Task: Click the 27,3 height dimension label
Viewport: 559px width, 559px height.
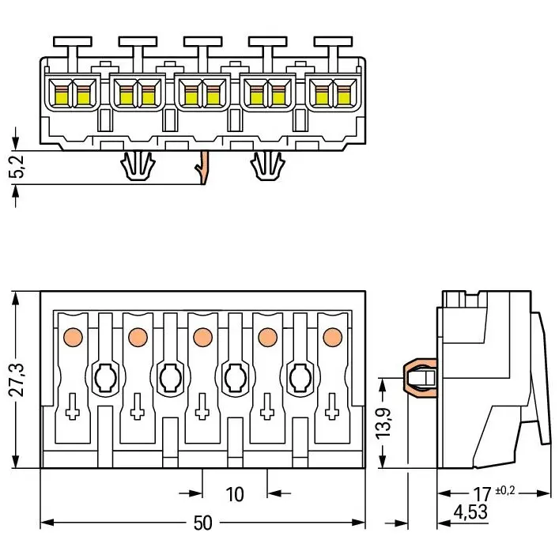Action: coord(17,380)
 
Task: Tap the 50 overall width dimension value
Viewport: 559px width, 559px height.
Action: coord(202,523)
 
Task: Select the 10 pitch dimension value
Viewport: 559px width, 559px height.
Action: coord(235,494)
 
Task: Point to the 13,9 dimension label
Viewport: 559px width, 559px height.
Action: coord(383,422)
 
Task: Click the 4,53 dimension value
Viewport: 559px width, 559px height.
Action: coord(470,512)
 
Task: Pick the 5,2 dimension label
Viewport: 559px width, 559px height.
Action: coord(17,166)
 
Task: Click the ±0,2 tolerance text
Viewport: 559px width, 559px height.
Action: coord(504,490)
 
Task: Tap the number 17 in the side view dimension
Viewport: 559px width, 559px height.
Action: coord(482,494)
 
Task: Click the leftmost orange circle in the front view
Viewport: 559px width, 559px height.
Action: coord(73,337)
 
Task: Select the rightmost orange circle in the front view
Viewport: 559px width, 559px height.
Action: coord(333,337)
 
